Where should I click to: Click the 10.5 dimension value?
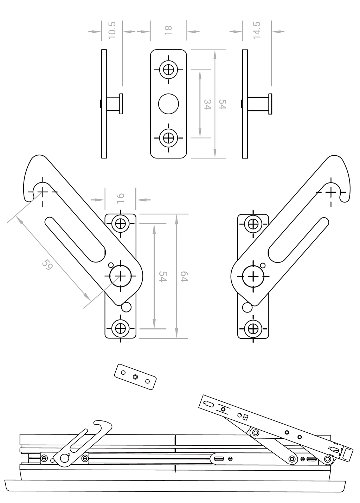point(112,30)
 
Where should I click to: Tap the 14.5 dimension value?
point(257,30)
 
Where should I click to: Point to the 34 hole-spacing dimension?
point(207,104)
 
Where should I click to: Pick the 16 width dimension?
point(120,198)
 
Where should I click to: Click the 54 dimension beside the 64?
point(163,276)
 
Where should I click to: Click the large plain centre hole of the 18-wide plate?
point(168,104)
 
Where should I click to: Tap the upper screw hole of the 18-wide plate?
point(168,70)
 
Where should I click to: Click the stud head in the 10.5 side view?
point(121,104)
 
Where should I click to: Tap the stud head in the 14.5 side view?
point(270,104)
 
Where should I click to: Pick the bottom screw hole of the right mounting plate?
point(253,328)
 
